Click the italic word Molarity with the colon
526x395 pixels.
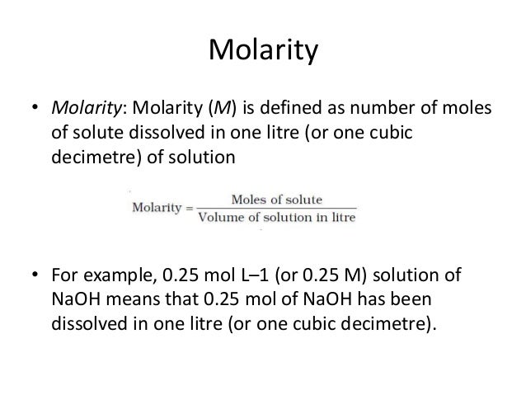[83, 110]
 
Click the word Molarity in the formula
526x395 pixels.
[156, 207]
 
